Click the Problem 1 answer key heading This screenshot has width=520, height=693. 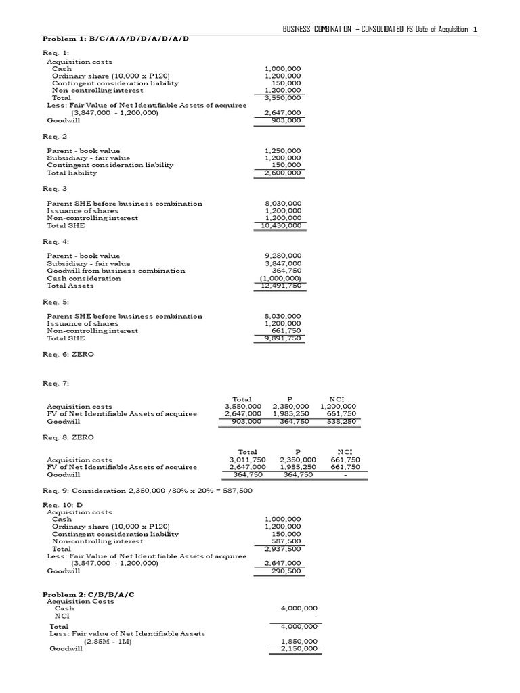(x=116, y=39)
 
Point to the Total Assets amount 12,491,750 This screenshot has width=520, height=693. (x=280, y=286)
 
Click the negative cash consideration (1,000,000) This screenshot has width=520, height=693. (x=281, y=278)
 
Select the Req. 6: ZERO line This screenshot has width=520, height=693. (x=68, y=354)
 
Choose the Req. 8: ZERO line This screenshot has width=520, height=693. (x=68, y=437)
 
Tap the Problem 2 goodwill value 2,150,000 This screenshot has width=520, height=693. (x=299, y=648)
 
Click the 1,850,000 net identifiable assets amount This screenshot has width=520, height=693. (x=299, y=641)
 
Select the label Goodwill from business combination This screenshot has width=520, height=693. (x=116, y=271)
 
